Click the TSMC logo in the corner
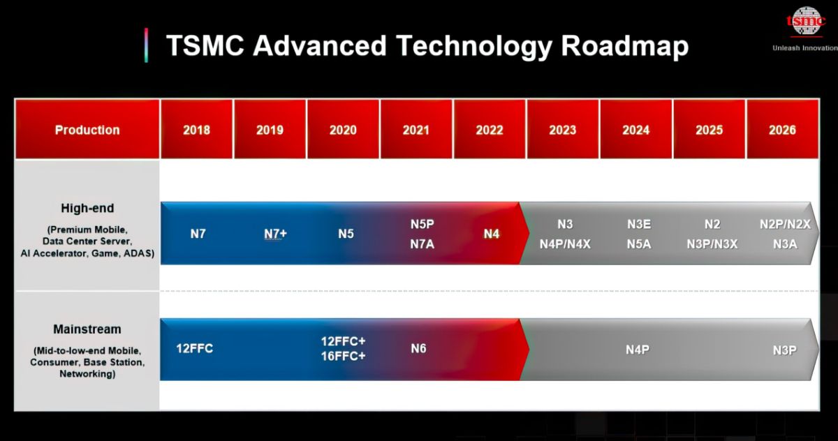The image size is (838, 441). tap(806, 22)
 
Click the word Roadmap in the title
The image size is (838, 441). tap(624, 46)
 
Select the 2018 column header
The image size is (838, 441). tap(196, 129)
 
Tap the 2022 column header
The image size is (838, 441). tap(490, 129)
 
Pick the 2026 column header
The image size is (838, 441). tap(782, 129)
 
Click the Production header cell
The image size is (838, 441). tap(87, 129)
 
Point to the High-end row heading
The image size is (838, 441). tap(87, 208)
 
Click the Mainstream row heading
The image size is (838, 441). tap(87, 329)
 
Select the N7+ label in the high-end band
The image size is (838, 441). tap(275, 234)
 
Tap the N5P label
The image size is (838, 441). tap(422, 224)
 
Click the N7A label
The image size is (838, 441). tap(422, 244)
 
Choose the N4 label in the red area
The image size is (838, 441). tap(491, 234)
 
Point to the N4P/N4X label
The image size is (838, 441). tap(565, 244)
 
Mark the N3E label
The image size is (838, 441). tap(639, 224)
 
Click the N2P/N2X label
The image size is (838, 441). tap(785, 224)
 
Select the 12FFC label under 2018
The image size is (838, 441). tap(195, 348)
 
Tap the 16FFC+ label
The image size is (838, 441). tap(343, 356)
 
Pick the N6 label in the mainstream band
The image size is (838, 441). tap(418, 348)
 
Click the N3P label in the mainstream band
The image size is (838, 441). tap(784, 350)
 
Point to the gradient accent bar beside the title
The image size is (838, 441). tap(146, 45)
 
